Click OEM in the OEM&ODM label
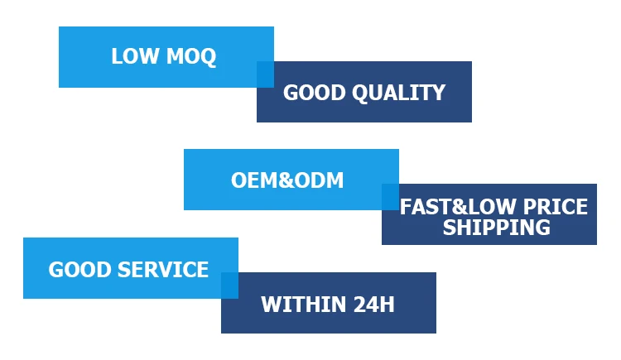[x=250, y=180]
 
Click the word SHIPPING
[x=496, y=228]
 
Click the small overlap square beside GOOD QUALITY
[x=265, y=74]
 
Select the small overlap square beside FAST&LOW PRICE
[x=390, y=197]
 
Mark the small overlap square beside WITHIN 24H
[x=229, y=286]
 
